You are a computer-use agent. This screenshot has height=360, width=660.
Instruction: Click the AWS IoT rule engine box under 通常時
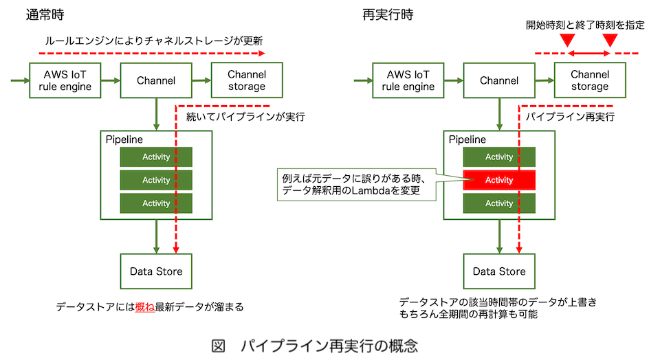[65, 80]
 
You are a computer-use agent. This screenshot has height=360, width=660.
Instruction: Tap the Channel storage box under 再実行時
[589, 80]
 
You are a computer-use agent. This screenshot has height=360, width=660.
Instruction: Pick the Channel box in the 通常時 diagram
[156, 80]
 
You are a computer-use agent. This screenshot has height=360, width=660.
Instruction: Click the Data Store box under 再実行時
[499, 271]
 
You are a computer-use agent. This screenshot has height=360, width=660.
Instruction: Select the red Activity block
[499, 180]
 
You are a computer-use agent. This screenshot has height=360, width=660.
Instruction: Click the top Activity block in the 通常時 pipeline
[156, 157]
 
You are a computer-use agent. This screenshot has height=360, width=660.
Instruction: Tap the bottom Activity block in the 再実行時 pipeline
[499, 203]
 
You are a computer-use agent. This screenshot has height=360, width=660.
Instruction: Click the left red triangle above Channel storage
[566, 41]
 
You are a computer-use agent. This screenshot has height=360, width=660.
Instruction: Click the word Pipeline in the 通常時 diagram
[124, 139]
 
